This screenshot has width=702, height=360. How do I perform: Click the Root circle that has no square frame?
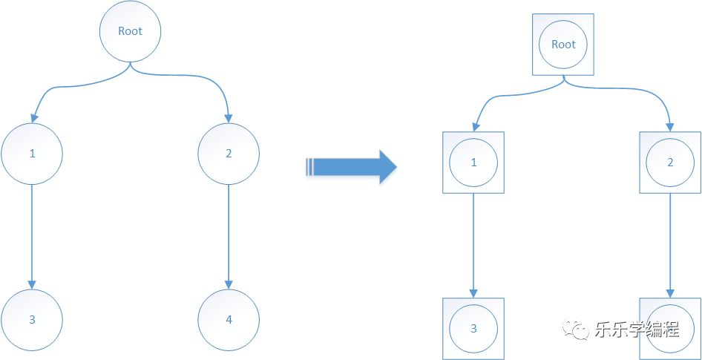(131, 31)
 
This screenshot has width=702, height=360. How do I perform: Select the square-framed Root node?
(564, 45)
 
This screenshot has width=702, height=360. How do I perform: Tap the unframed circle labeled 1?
(31, 154)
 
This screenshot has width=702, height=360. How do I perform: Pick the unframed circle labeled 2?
(229, 154)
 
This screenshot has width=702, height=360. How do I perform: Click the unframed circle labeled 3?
(31, 320)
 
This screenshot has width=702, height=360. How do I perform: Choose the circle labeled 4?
(229, 320)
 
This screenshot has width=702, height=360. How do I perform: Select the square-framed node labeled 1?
(473, 163)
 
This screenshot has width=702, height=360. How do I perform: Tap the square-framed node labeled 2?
(670, 163)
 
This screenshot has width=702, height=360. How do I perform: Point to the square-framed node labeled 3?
(473, 328)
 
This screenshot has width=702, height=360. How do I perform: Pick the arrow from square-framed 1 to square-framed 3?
(473, 245)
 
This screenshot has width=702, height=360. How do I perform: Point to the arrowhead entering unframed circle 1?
(32, 118)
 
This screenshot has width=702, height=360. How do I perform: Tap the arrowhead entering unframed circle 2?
(229, 118)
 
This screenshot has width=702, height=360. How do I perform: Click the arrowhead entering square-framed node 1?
(473, 126)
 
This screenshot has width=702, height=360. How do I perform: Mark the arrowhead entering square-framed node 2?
(670, 126)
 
